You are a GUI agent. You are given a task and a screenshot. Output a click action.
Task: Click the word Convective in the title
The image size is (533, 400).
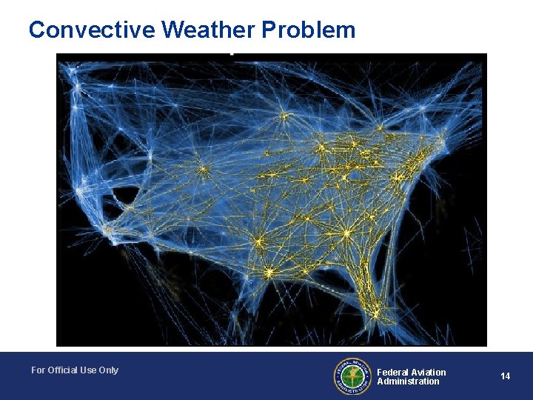tap(92, 30)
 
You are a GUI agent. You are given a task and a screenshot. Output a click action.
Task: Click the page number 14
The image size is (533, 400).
tap(505, 376)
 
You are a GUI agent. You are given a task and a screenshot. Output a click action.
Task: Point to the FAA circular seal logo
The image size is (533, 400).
tap(352, 376)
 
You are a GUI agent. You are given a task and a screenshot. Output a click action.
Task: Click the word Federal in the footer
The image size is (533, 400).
tap(393, 373)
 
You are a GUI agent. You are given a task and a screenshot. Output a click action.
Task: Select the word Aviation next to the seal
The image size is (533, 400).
tap(429, 373)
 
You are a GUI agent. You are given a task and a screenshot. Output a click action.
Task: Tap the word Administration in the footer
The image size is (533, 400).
tap(408, 381)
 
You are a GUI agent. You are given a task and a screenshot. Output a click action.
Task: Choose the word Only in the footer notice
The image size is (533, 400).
tap(109, 370)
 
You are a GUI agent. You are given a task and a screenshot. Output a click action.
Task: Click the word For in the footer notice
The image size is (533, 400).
tap(38, 370)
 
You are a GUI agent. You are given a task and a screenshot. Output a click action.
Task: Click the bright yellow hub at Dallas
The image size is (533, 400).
tap(259, 241)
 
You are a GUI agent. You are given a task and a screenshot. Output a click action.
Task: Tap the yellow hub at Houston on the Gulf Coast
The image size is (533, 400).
tap(269, 273)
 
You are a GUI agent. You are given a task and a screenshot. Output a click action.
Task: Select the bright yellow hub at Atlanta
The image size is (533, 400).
tap(346, 234)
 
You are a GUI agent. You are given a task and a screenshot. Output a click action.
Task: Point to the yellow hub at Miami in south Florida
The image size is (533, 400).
tap(375, 313)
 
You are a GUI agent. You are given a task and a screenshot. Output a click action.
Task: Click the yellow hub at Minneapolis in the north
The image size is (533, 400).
tap(284, 116)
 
